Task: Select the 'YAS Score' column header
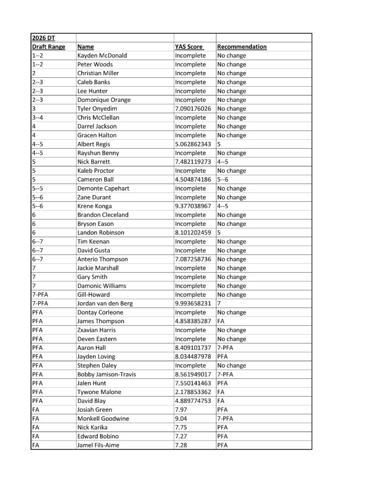(x=189, y=47)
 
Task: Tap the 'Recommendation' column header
(x=241, y=47)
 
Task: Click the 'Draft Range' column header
(x=48, y=47)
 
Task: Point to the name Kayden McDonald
(x=101, y=56)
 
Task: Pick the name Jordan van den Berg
(x=107, y=303)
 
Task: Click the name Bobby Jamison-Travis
(x=107, y=374)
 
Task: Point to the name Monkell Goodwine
(x=103, y=418)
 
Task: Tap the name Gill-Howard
(x=93, y=295)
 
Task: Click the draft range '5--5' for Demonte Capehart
(x=38, y=188)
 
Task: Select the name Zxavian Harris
(x=96, y=330)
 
